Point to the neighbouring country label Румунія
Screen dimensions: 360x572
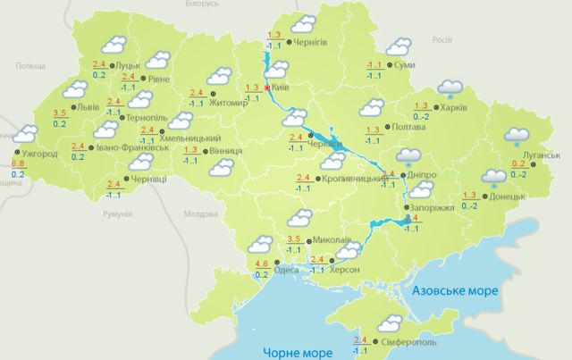(117, 215)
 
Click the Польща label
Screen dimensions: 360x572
(29, 66)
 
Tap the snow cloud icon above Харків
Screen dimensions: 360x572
(450, 88)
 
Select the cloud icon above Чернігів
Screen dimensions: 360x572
(304, 21)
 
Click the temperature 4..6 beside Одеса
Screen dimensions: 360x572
(262, 264)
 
